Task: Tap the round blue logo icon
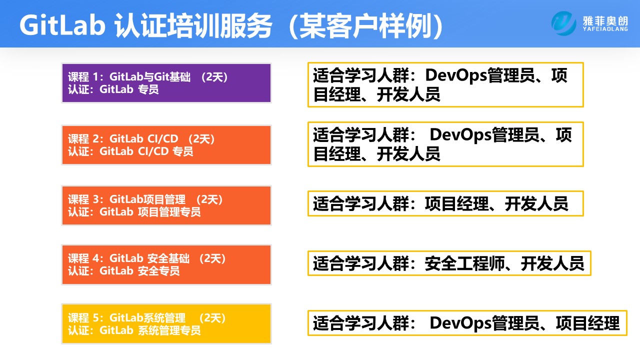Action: click(564, 23)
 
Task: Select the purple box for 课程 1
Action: click(166, 83)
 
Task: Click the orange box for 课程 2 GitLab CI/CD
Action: click(166, 145)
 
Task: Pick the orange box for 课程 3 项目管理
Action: click(166, 205)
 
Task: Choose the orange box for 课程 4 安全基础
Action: click(166, 264)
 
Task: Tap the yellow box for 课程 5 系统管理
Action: click(166, 323)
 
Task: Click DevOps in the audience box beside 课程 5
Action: click(460, 323)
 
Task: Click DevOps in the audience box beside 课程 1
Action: click(455, 76)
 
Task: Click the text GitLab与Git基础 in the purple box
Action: click(149, 77)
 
